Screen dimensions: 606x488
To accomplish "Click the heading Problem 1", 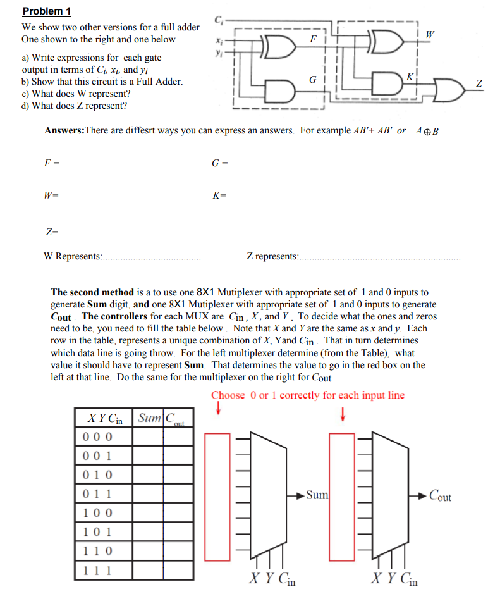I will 47,11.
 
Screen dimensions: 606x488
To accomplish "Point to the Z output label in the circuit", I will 479,83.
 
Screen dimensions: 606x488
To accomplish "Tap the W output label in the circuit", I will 430,32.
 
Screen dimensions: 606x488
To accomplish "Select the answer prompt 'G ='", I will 219,163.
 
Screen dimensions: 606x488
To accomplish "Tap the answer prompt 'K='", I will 219,196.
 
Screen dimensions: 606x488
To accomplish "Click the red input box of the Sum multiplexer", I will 218,497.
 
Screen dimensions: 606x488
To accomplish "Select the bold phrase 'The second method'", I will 92,292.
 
